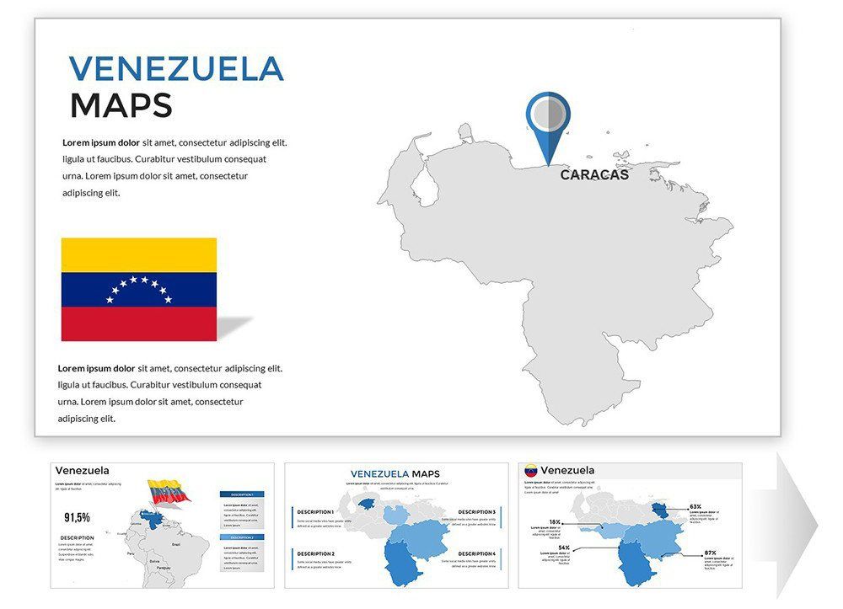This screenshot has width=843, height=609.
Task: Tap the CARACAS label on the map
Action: pos(594,175)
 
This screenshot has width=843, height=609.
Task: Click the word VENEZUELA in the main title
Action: pos(176,68)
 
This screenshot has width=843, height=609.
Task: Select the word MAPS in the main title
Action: pos(121,105)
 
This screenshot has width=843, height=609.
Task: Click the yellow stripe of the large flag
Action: pos(138,254)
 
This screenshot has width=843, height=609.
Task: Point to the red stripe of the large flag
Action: pos(138,323)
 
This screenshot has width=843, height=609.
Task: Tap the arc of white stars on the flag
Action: pos(139,286)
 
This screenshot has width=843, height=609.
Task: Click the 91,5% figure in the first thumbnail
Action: pos(77,517)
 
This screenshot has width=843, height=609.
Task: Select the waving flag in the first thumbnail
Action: pos(168,491)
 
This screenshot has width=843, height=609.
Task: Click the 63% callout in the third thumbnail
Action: pos(695,507)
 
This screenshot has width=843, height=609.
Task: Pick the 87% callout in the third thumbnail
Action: pos(710,553)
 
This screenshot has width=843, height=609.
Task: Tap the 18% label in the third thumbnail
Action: pos(555,522)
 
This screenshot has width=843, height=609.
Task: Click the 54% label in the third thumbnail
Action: pos(563,548)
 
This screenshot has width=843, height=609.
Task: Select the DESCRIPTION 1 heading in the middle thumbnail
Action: pos(315,512)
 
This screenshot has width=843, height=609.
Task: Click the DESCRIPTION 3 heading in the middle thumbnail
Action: pos(476,512)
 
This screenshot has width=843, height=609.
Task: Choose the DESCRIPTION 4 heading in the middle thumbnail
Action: pos(476,553)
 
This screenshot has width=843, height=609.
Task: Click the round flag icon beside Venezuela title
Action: pos(530,471)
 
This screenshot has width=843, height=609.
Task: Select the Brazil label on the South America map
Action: pos(175,546)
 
